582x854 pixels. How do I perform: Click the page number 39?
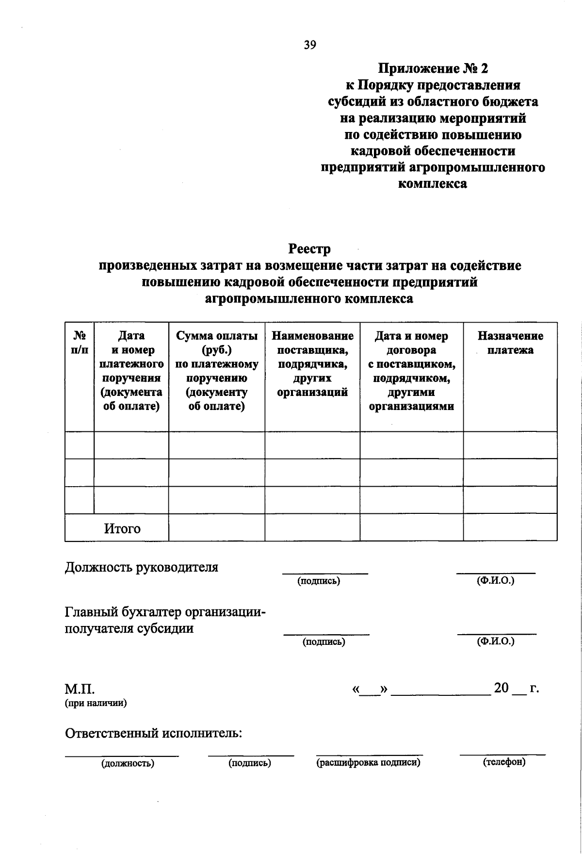(x=310, y=45)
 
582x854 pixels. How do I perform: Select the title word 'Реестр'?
(x=309, y=249)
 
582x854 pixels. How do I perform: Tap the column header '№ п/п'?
(x=80, y=343)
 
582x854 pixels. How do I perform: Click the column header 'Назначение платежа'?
(x=510, y=343)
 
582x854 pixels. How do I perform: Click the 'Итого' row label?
(x=122, y=528)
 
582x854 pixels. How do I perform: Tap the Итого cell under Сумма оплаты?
(x=216, y=527)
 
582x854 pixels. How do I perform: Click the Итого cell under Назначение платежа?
(x=510, y=527)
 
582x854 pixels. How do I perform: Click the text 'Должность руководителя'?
(x=142, y=567)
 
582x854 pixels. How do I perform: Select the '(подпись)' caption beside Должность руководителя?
(x=319, y=581)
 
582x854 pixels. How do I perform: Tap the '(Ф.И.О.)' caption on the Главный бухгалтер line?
(x=495, y=641)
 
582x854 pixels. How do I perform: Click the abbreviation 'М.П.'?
(x=80, y=690)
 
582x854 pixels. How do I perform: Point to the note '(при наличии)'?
(x=96, y=703)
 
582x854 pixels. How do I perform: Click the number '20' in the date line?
(x=501, y=688)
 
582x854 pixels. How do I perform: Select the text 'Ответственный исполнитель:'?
(x=154, y=733)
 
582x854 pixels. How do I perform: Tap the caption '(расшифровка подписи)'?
(x=368, y=763)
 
